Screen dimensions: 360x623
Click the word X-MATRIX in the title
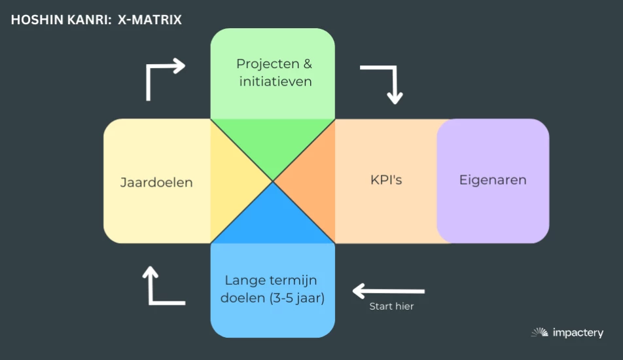tap(150, 20)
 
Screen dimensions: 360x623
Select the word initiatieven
tap(276, 82)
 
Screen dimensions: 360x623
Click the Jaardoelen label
tap(156, 182)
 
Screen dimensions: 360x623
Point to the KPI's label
tap(386, 179)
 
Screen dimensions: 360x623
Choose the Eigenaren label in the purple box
tap(493, 180)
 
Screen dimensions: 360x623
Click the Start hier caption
tap(391, 306)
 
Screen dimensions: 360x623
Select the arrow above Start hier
tap(389, 290)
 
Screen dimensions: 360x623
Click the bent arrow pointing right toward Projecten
tap(164, 75)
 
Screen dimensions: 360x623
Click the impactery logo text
tap(577, 333)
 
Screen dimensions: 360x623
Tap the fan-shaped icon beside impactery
tap(539, 333)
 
